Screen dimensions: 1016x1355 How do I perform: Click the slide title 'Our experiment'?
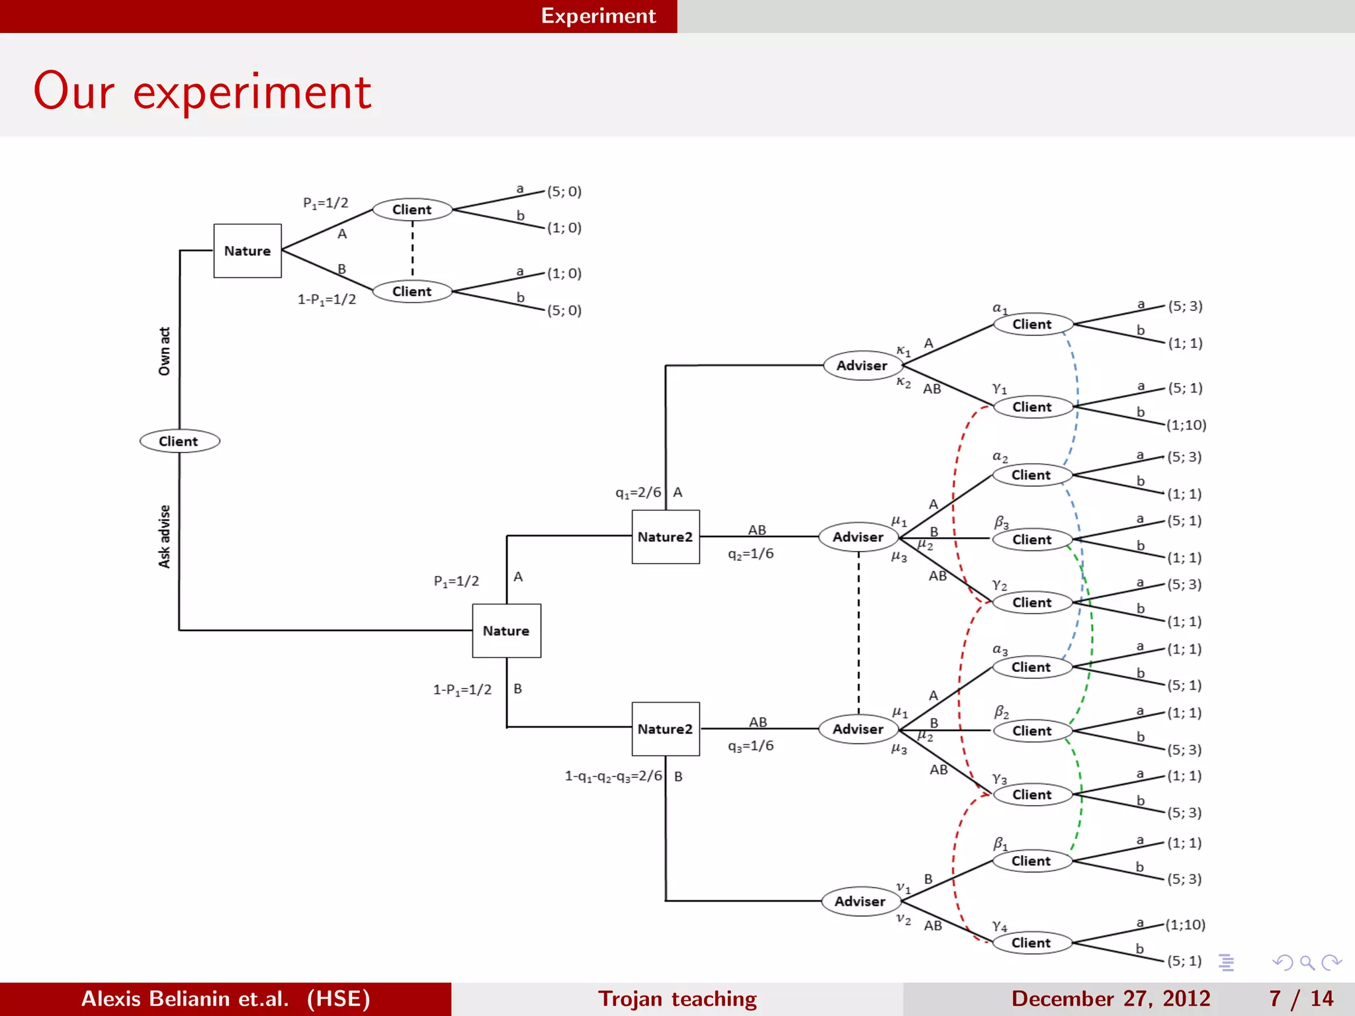(x=202, y=91)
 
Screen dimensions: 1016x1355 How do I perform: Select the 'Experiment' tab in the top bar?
(x=598, y=16)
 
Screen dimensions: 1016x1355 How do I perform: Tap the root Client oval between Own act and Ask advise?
(x=179, y=441)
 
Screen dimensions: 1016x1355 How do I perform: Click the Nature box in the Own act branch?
(x=247, y=251)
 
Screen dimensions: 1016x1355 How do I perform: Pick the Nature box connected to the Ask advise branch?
(x=506, y=630)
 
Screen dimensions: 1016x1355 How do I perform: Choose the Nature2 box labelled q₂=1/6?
(x=665, y=536)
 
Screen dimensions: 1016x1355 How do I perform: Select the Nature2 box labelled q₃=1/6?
(x=665, y=728)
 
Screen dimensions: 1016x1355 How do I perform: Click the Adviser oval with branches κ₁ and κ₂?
(x=861, y=365)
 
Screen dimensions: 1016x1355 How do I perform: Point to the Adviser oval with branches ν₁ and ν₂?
(x=859, y=901)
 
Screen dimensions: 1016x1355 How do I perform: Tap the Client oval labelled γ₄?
(x=1031, y=943)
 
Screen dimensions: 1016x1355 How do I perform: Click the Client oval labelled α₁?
(x=1031, y=324)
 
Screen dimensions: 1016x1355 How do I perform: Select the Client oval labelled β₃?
(x=1031, y=539)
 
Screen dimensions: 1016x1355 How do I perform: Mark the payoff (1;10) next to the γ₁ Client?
(x=1186, y=425)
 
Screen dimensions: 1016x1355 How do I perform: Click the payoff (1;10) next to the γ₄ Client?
(x=1185, y=924)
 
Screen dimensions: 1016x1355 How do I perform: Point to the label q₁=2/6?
(x=638, y=493)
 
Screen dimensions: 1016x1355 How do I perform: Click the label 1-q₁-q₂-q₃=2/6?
(x=613, y=776)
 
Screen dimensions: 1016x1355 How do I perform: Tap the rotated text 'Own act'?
(x=164, y=351)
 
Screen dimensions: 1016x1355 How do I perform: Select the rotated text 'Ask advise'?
(x=164, y=536)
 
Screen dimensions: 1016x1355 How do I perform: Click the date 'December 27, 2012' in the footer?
(x=1110, y=998)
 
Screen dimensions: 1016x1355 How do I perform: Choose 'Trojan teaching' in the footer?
(x=677, y=998)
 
